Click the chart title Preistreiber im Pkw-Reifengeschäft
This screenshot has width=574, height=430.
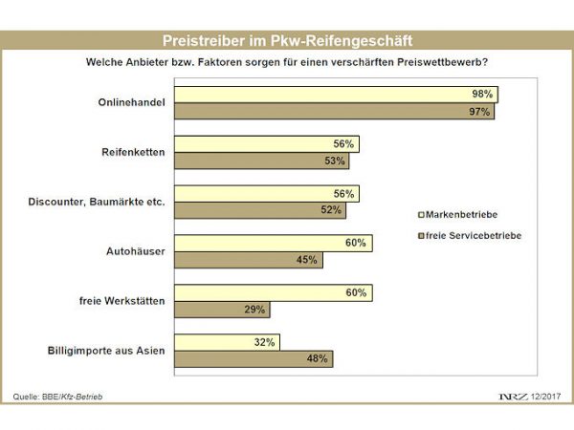tap(287, 41)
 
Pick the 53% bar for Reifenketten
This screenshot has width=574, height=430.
tap(267, 161)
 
